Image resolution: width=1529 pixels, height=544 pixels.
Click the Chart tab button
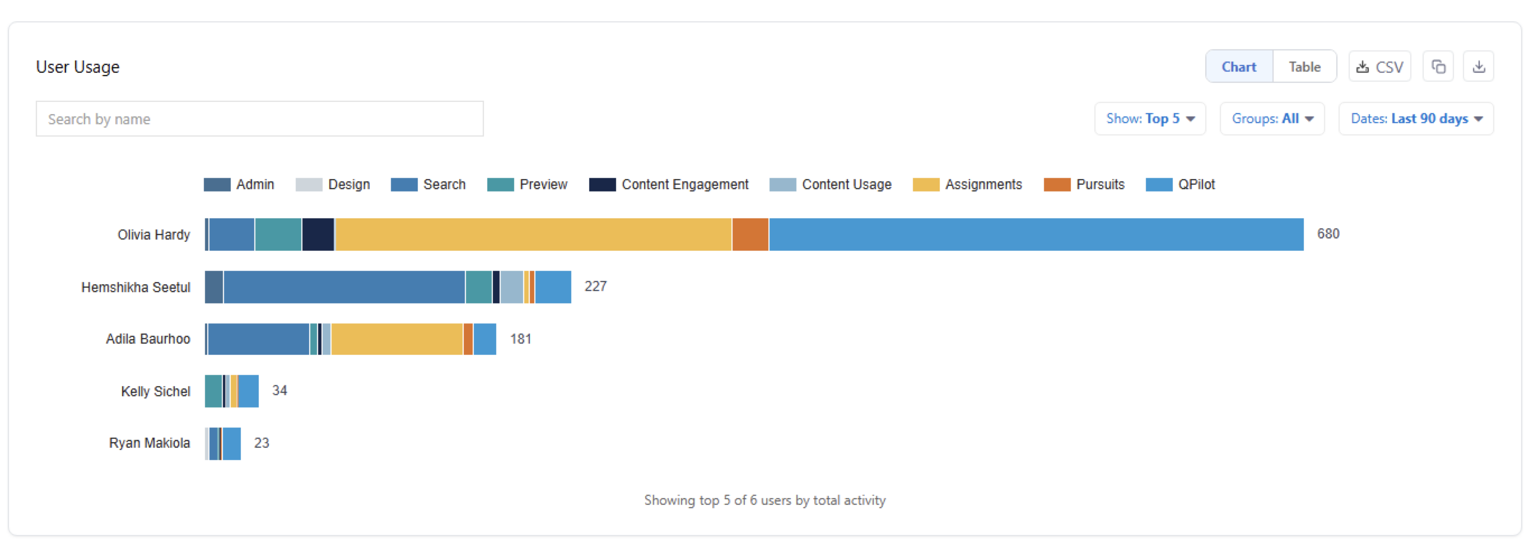point(1239,67)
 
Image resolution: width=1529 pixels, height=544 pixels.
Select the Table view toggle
point(1304,67)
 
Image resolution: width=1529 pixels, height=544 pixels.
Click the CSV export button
point(1379,67)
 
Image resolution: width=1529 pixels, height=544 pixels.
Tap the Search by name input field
point(259,119)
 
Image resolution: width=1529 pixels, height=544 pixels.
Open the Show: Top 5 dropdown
point(1150,119)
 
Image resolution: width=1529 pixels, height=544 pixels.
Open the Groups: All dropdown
point(1272,119)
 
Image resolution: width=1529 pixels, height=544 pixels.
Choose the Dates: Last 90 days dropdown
point(1416,119)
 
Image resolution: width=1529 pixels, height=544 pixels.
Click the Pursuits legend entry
point(1084,185)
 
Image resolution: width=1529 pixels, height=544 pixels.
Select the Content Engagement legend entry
point(668,185)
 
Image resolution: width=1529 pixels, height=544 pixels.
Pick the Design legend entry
point(332,185)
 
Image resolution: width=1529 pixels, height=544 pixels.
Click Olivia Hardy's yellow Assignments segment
point(534,235)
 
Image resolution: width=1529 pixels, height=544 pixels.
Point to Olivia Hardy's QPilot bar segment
point(1036,235)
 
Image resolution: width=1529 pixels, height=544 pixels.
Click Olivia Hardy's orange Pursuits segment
point(750,235)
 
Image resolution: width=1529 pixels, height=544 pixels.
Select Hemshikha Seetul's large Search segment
point(344,287)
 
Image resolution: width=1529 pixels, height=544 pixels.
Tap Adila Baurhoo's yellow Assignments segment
point(397,339)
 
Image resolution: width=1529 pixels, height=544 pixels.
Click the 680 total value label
point(1328,234)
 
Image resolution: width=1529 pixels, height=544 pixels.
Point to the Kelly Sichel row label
point(156,392)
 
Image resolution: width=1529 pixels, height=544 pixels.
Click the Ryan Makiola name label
point(150,443)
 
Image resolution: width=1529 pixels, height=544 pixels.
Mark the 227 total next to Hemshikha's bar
point(595,287)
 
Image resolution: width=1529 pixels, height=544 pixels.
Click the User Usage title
point(78,67)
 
